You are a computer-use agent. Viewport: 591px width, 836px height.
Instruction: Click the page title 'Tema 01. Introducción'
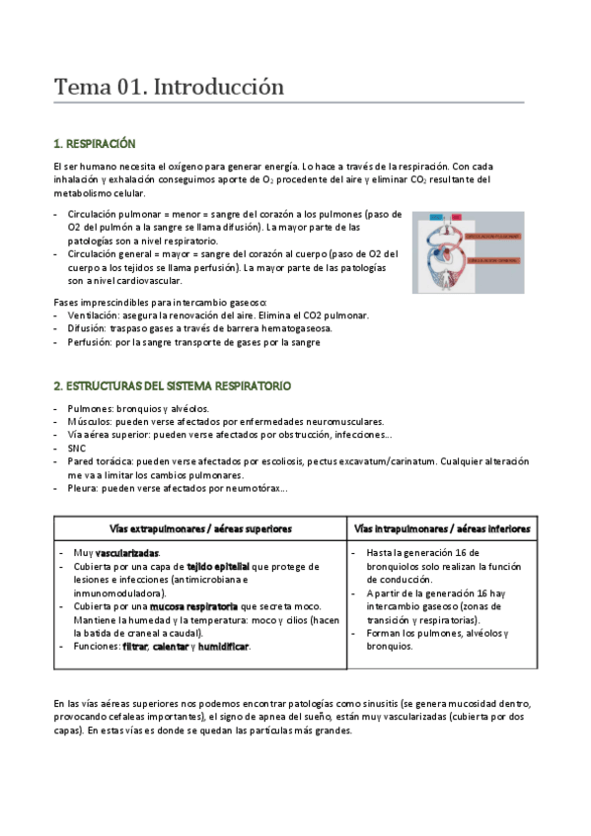169,88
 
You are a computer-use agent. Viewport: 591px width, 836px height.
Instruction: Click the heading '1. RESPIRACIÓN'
94,144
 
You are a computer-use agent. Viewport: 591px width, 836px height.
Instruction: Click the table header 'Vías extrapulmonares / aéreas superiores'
199,528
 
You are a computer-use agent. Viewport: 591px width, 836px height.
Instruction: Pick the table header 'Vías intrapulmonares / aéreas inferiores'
441,528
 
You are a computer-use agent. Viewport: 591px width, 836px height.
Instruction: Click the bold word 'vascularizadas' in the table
127,553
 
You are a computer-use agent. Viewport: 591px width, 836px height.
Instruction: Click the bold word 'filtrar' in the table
134,647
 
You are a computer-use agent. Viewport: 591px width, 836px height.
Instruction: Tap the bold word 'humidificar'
223,647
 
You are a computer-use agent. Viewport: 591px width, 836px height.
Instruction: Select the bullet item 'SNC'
77,448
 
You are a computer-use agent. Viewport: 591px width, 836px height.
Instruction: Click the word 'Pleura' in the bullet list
83,488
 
